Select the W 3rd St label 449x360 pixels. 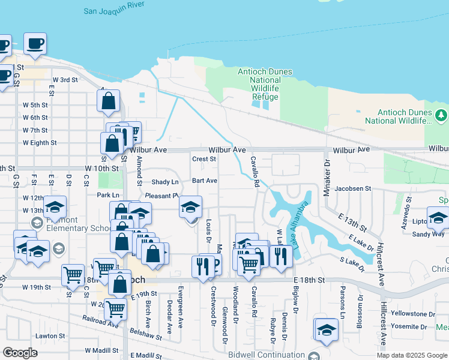65,80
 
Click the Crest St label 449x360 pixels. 203,159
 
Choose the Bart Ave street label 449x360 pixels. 204,181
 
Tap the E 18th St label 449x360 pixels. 309,280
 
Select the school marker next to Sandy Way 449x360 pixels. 438,217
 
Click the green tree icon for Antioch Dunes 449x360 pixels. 442,114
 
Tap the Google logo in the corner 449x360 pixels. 20,353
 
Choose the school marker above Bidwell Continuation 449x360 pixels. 326,330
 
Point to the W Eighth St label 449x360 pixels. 40,143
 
